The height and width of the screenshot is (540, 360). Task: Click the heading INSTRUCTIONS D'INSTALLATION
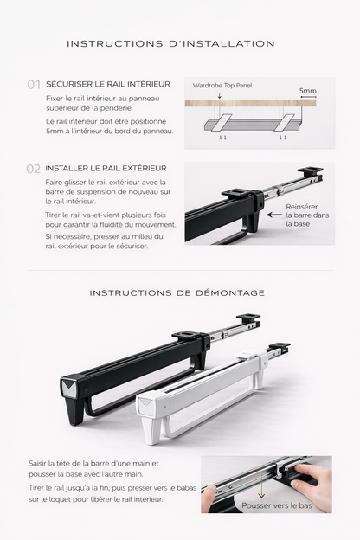pyautogui.click(x=170, y=44)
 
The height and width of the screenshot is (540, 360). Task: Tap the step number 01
pyautogui.click(x=34, y=85)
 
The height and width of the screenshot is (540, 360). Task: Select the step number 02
pyautogui.click(x=34, y=169)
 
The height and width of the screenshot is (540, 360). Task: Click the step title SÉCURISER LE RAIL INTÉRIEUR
pyautogui.click(x=108, y=84)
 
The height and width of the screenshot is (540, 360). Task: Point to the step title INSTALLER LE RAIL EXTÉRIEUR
pyautogui.click(x=106, y=168)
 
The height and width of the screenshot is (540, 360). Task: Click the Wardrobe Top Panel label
pyautogui.click(x=222, y=86)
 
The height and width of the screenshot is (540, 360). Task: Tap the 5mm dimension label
pyautogui.click(x=307, y=91)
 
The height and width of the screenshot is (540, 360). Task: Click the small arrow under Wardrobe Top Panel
pyautogui.click(x=220, y=95)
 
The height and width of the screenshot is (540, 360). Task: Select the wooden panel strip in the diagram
pyautogui.click(x=250, y=103)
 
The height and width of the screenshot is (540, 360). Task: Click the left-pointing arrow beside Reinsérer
pyautogui.click(x=274, y=215)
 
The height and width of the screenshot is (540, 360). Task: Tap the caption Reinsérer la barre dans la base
pyautogui.click(x=307, y=215)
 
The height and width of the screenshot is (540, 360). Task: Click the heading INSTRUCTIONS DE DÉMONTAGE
pyautogui.click(x=177, y=293)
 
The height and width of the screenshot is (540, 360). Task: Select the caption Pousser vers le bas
pyautogui.click(x=277, y=505)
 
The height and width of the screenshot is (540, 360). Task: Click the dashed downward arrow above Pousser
pyautogui.click(x=261, y=486)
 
